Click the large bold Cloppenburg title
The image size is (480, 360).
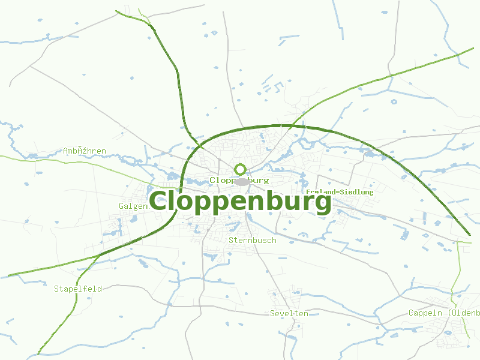click(240, 202)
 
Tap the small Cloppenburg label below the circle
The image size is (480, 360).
click(239, 180)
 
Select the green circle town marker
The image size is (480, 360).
click(241, 169)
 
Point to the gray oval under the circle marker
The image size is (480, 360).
click(241, 181)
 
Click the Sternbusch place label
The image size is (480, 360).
click(253, 240)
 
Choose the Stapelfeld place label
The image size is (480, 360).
click(78, 289)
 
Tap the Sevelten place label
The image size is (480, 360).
click(289, 313)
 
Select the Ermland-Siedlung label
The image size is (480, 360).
click(340, 192)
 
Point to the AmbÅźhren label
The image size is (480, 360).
click(85, 151)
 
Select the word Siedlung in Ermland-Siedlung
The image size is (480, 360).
click(355, 192)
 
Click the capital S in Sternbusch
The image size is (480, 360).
click(232, 240)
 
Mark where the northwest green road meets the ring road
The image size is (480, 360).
click(196, 146)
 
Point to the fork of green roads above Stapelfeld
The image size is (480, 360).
click(99, 255)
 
